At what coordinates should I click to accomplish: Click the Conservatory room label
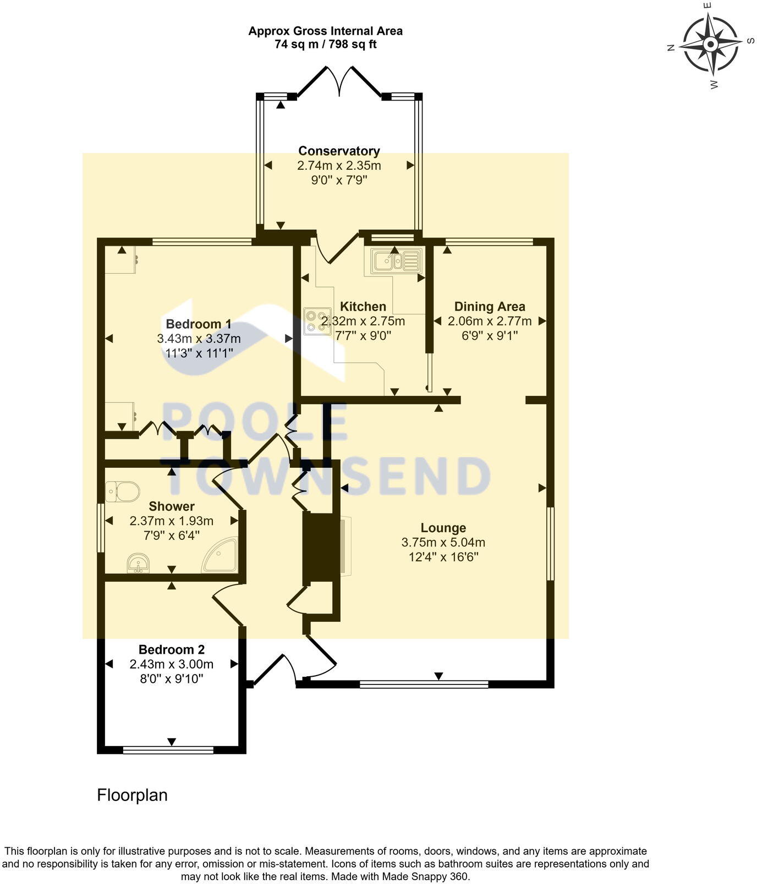click(x=339, y=151)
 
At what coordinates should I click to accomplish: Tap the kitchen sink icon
click(x=396, y=261)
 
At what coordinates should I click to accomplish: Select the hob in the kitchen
click(x=316, y=322)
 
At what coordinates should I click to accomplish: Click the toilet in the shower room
click(x=122, y=490)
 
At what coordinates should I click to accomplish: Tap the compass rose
click(x=710, y=44)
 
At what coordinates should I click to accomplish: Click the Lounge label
click(x=443, y=528)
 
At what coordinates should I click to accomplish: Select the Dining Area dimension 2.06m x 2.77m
click(x=489, y=321)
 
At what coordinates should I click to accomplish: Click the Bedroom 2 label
click(x=171, y=649)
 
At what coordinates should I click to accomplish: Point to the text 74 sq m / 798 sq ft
click(x=325, y=45)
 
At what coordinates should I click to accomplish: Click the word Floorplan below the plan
click(x=132, y=795)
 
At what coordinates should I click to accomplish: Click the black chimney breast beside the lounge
click(x=321, y=547)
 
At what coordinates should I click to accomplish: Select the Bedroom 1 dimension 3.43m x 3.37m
click(x=199, y=339)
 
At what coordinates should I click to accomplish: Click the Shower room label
click(x=171, y=506)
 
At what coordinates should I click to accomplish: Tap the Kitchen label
click(x=363, y=306)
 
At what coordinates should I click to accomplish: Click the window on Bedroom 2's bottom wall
click(x=168, y=749)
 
